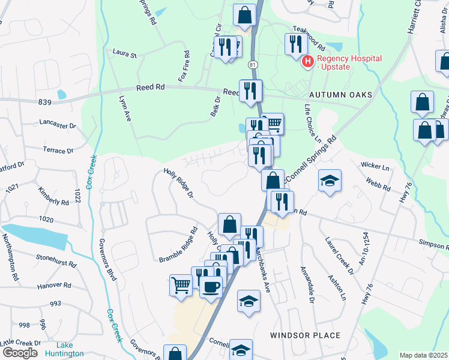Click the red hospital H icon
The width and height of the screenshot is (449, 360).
(308, 61)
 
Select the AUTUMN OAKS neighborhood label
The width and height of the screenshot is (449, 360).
(341, 95)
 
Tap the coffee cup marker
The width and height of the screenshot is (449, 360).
(211, 286)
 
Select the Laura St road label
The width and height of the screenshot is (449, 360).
(125, 54)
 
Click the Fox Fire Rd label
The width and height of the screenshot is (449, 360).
(187, 62)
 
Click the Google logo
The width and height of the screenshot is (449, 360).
(20, 352)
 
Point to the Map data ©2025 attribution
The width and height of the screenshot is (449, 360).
(424, 355)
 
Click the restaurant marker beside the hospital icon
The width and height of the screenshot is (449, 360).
(295, 44)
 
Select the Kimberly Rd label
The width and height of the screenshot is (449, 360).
(50, 196)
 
